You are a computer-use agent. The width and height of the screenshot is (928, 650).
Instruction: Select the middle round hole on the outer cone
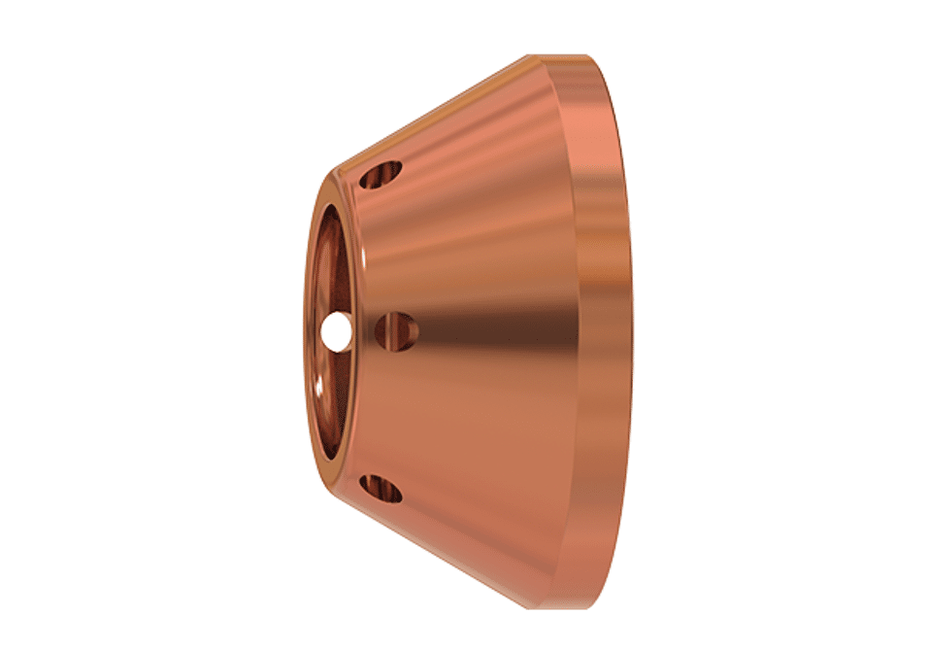[x=396, y=329]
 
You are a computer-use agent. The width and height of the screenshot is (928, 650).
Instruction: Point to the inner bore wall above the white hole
[x=330, y=253]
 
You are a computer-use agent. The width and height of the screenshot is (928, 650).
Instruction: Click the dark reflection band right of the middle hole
[x=485, y=330]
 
